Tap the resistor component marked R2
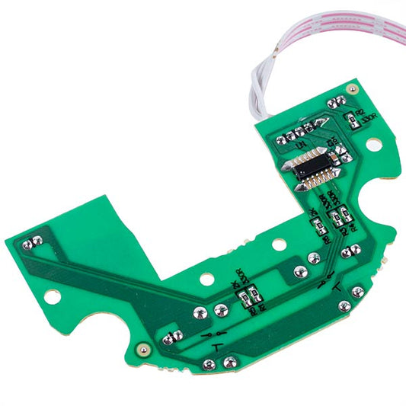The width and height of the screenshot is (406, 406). (x=350, y=119)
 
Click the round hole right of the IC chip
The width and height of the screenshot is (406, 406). (x=373, y=143)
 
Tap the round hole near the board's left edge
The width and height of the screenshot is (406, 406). (x=51, y=295)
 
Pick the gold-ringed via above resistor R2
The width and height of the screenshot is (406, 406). (x=351, y=90)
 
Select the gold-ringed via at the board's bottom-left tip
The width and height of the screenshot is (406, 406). (x=142, y=349)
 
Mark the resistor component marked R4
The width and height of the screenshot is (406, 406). (x=344, y=214)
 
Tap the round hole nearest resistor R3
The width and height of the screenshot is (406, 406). (x=207, y=280)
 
